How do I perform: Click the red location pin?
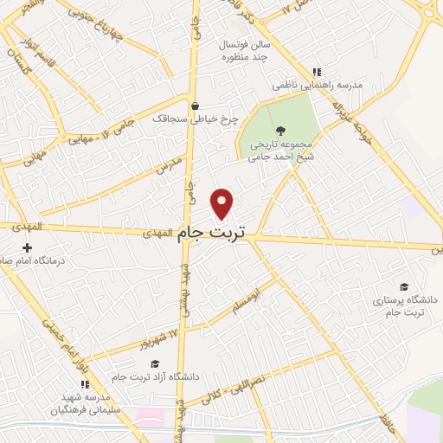point(222,202)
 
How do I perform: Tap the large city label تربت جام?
point(211,233)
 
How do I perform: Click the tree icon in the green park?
point(277,130)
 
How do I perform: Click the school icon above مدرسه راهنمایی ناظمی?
point(317,72)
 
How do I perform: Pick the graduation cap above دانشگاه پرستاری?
point(404,287)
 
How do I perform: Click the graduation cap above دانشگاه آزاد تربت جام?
point(155,364)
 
